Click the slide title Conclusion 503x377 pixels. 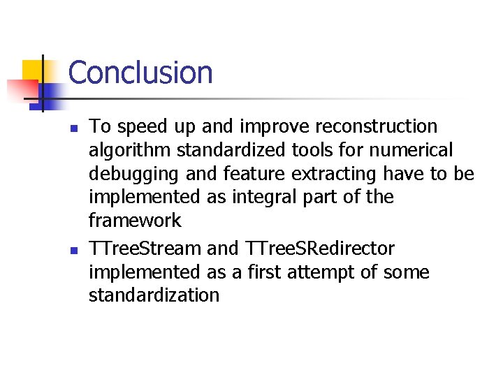pyautogui.click(x=140, y=73)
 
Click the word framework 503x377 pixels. pyautogui.click(x=135, y=221)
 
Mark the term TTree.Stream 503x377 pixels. pyautogui.click(x=145, y=248)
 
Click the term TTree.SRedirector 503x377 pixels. pyautogui.click(x=321, y=248)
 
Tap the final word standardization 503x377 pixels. pyautogui.click(x=154, y=295)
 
